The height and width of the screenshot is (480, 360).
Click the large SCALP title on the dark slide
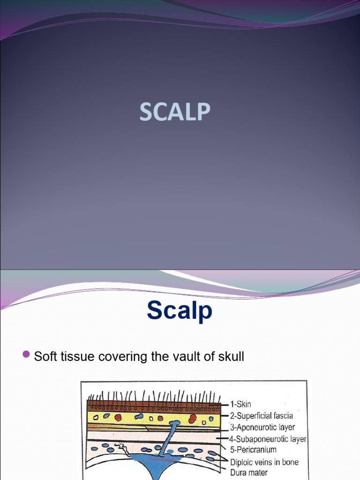pyautogui.click(x=175, y=112)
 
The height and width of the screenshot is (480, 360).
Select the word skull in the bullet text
pyautogui.click(x=228, y=357)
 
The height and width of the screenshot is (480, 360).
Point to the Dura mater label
pyautogui.click(x=248, y=472)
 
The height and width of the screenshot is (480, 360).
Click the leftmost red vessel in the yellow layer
pyautogui.click(x=118, y=417)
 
